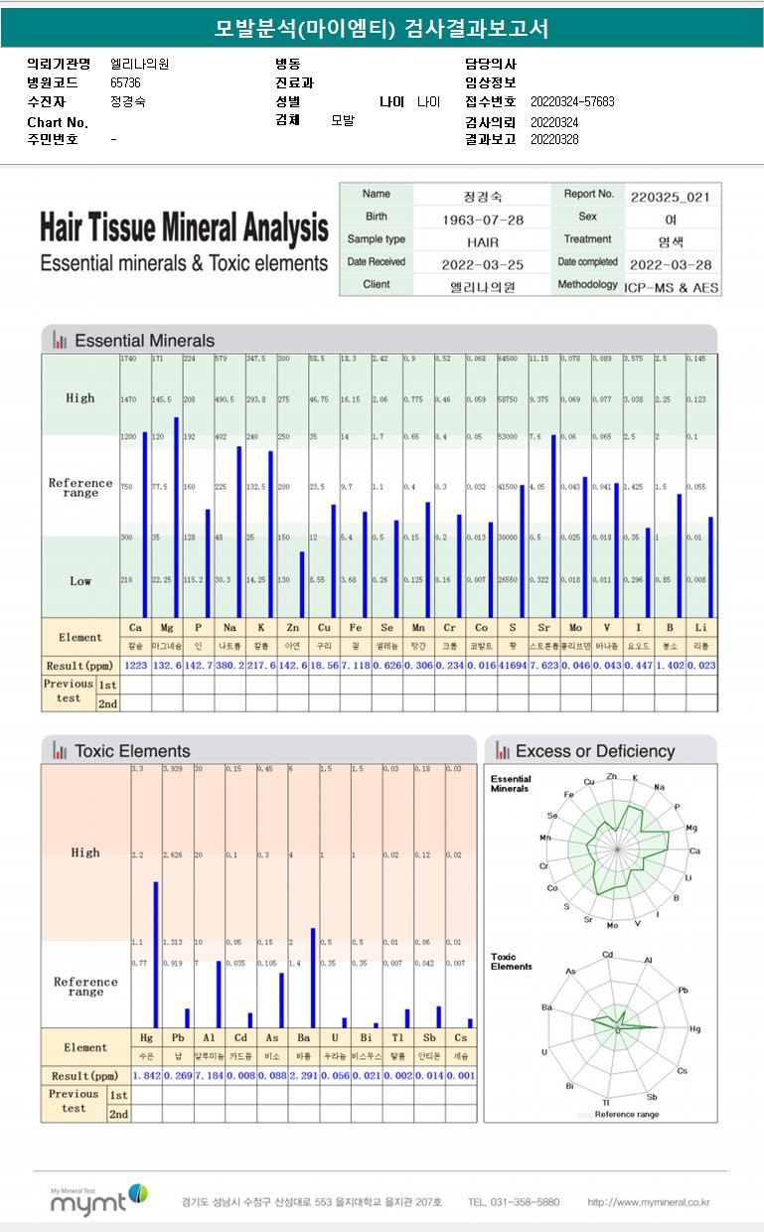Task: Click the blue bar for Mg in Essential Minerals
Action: [177, 517]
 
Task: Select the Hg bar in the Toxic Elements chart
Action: [156, 954]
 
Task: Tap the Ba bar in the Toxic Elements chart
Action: [312, 978]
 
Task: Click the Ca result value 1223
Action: [135, 665]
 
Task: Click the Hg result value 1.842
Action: [147, 1076]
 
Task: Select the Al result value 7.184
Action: [210, 1076]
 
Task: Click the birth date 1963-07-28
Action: [482, 219]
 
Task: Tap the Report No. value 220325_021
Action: [671, 197]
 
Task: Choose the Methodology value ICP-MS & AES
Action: [672, 286]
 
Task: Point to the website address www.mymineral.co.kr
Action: [649, 1202]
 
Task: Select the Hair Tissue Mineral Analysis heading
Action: [184, 229]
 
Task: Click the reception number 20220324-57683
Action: [572, 102]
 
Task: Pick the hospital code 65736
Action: [125, 83]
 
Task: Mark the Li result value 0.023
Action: [700, 665]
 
